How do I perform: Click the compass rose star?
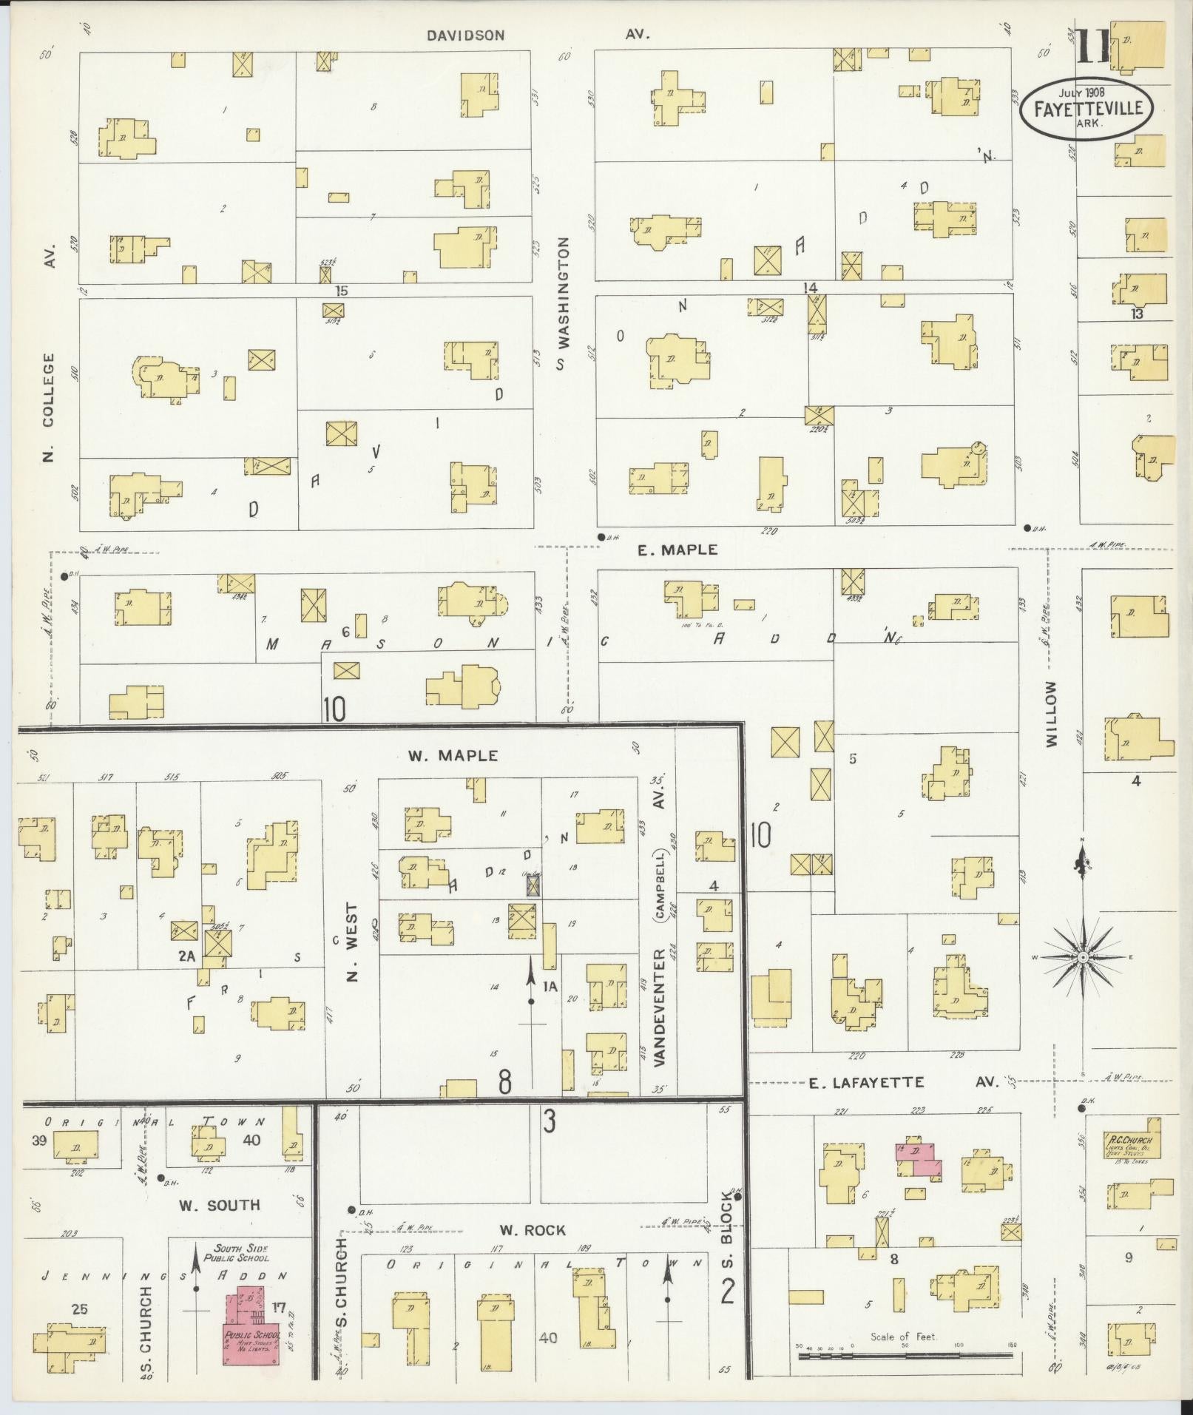1082,957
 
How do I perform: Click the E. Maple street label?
677,550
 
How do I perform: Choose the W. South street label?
220,1205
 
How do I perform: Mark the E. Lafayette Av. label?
902,1083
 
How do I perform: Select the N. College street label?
50,407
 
